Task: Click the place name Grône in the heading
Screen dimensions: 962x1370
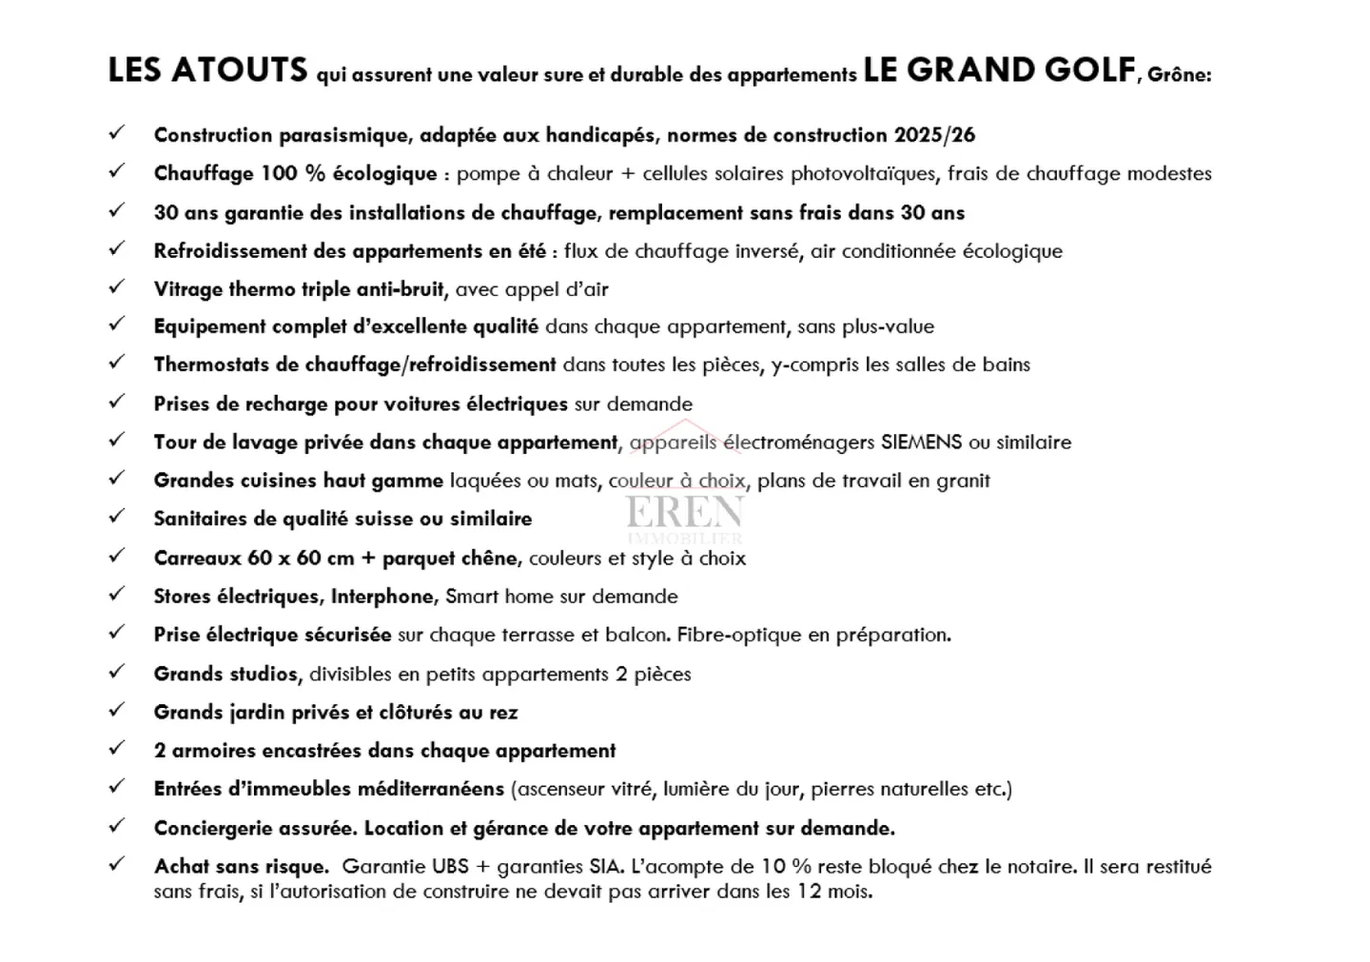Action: [1179, 74]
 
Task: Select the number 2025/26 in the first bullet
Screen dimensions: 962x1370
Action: [934, 135]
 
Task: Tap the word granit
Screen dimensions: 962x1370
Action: [963, 481]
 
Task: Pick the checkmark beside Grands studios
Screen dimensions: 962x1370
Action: [117, 672]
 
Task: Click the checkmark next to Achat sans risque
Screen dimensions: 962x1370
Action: [117, 864]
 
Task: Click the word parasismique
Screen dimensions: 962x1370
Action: [342, 135]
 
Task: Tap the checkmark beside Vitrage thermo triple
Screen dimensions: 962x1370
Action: [117, 286]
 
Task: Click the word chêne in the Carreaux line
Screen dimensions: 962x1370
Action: [489, 559]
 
